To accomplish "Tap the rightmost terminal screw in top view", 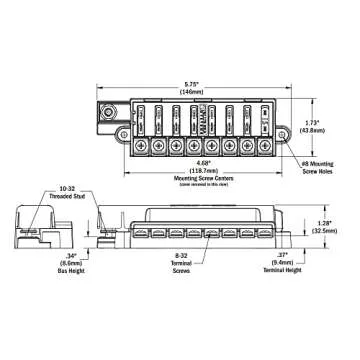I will (x=264, y=145).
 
